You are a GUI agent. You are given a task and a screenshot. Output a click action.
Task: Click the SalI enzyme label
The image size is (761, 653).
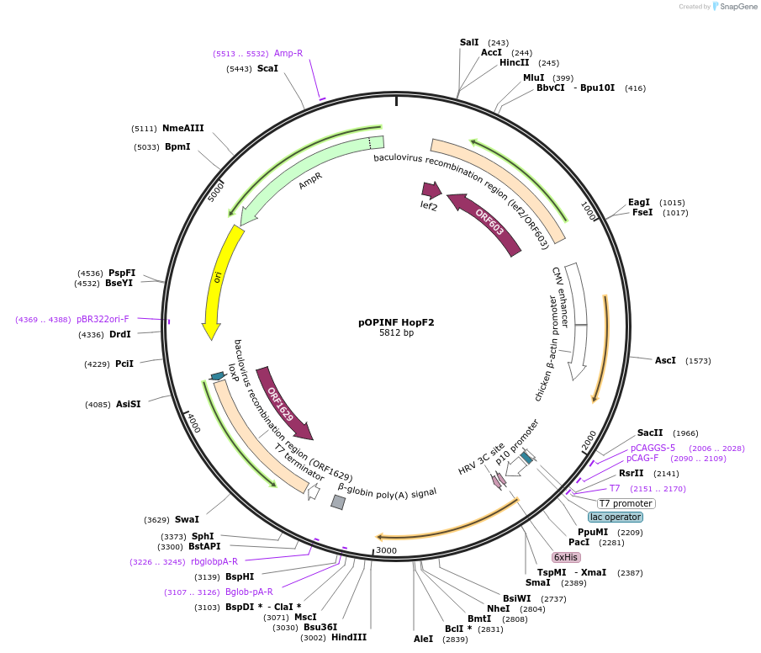coord(469,42)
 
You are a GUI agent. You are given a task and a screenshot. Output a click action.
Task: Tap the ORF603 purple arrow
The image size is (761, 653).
coord(487,223)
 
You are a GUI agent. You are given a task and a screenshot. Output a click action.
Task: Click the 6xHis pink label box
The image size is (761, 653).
coord(566,557)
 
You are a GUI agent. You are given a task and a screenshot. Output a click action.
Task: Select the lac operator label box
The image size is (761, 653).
coord(616,517)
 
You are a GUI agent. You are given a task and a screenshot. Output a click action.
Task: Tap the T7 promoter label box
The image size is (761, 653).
coord(626,503)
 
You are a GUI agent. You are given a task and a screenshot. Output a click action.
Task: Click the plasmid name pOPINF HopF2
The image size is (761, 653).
coord(396,321)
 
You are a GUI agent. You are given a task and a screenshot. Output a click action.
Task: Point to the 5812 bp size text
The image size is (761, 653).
coord(396,333)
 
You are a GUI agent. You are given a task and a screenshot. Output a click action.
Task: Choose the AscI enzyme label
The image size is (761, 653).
coord(665,360)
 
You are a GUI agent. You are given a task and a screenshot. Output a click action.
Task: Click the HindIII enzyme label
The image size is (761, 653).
coord(349,637)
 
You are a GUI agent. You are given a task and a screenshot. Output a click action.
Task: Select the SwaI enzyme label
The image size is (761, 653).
coord(187,519)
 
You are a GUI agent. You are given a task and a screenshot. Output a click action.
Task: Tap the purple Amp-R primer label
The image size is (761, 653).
coord(288,53)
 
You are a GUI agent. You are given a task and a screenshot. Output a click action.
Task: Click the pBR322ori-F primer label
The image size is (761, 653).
coord(103,319)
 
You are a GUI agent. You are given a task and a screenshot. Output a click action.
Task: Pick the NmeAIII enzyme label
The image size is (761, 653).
coord(183,128)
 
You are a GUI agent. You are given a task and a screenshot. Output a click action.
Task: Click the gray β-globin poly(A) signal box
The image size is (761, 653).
coord(338,502)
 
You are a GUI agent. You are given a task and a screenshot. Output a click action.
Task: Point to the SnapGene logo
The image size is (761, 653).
coord(734,7)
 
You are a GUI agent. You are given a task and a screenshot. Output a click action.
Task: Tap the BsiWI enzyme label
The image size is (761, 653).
coord(516,598)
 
